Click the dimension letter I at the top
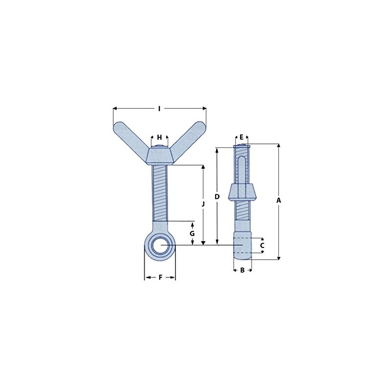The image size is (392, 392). [x=159, y=108]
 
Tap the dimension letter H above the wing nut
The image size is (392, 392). [x=159, y=137]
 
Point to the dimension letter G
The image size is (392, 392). [x=193, y=233]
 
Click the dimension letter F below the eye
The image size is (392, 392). [x=160, y=278]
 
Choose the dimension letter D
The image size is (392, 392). [x=217, y=196]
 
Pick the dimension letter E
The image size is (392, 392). [x=242, y=137]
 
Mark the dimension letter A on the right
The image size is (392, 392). [x=279, y=200]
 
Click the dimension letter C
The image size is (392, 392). [x=262, y=245]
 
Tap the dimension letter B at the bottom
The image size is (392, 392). [x=242, y=270]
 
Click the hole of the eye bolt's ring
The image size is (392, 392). [x=160, y=245]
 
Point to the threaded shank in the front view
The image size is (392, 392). [x=160, y=194]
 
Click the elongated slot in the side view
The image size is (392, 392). [x=242, y=169]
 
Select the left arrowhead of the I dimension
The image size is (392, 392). [x=115, y=108]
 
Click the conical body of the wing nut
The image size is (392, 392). [x=160, y=156]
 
